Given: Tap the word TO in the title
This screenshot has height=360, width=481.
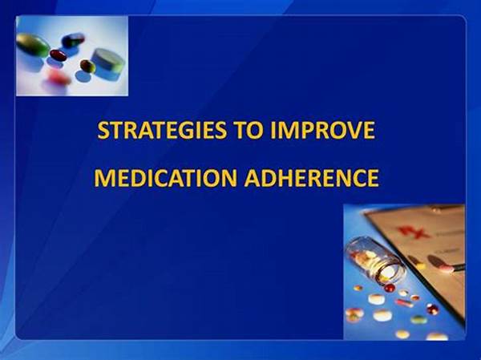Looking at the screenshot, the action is coord(249,130).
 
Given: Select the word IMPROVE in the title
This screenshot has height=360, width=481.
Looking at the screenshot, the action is coord(323,130).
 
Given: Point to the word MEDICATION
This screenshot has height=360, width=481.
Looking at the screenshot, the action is coord(166,178).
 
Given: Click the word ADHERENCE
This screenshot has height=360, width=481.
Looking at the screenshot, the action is coord(312,178).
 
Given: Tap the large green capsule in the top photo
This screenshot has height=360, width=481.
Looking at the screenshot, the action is coord(33,45).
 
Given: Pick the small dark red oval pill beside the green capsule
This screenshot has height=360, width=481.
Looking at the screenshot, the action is coord(58,55).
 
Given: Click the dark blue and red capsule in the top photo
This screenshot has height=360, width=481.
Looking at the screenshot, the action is coord(73,40).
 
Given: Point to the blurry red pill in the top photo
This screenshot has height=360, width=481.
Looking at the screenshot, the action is coord(59,77).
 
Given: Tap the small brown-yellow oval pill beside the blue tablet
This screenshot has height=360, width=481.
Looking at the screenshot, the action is coord(87,66).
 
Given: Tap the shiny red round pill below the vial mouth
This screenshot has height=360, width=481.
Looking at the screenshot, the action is coord(390,288).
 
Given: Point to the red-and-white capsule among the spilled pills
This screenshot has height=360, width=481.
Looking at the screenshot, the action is coord(404,303).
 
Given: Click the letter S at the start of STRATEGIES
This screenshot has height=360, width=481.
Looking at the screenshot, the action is coord(103,130).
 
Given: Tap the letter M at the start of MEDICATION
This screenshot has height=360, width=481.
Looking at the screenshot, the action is coord(103,178).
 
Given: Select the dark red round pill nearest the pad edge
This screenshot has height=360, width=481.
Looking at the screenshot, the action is coord(433,309).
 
